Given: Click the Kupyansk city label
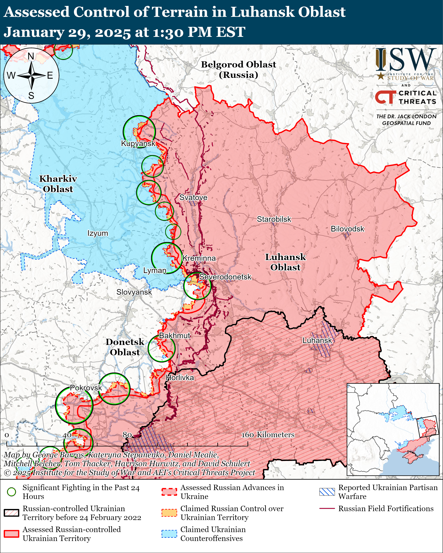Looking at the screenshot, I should click(x=138, y=143).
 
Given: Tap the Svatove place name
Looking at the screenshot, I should click(x=193, y=197).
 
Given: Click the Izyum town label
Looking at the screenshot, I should click(x=98, y=233).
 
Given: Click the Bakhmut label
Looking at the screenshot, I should click(x=175, y=335).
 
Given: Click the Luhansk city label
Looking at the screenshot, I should click(x=317, y=340).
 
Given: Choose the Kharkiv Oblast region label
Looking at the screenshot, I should click(x=58, y=184).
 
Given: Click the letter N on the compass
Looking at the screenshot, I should click(x=31, y=56).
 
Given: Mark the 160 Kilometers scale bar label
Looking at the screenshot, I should click(x=268, y=435).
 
